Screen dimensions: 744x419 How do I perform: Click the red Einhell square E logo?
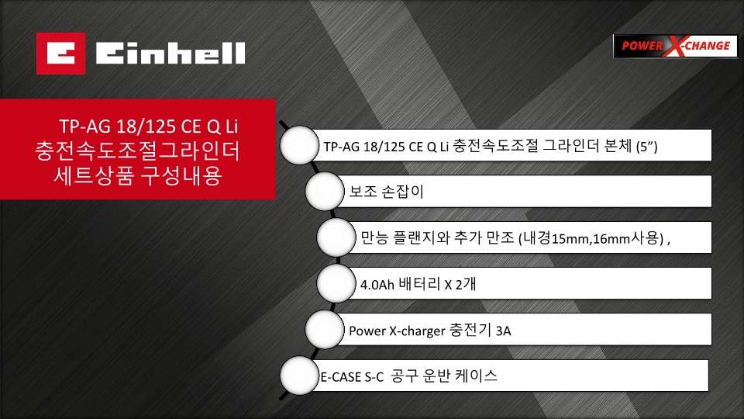60,54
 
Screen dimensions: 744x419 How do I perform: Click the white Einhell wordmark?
170,54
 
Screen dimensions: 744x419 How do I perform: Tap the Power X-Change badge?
675,46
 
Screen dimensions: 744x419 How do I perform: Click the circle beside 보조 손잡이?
325,192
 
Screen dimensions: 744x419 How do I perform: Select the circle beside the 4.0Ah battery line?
336,284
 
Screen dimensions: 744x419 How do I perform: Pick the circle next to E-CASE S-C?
299,376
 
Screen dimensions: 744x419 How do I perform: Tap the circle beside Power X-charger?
325,330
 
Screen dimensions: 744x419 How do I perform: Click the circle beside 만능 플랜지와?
336,237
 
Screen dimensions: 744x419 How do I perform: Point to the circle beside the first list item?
299,145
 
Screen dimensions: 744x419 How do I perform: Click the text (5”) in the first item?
646,147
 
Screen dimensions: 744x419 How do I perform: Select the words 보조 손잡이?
386,192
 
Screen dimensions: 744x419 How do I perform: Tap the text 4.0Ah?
377,285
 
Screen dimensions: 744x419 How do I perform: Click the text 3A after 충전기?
504,331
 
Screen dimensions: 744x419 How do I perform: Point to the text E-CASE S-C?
352,377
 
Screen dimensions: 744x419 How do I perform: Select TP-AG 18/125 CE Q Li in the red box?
149,126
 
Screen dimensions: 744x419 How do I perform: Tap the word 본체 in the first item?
618,145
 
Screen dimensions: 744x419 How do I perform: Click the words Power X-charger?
397,331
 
